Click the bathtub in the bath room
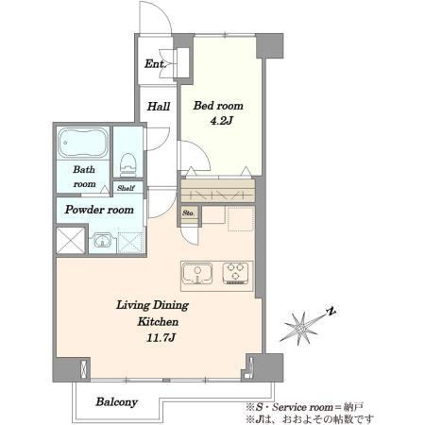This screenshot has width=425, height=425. [x=83, y=143]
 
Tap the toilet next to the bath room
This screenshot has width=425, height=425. [x=127, y=164]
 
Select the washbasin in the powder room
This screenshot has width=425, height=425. [x=102, y=241]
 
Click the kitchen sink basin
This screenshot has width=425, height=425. [x=197, y=274]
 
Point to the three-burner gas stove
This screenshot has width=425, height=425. [x=235, y=273]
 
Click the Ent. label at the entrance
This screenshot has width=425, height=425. [x=155, y=64]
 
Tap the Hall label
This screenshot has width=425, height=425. [x=159, y=106]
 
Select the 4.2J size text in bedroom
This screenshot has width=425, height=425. [x=221, y=121]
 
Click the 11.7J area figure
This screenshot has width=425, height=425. [x=161, y=338]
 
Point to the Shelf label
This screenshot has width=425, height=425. [x=126, y=188]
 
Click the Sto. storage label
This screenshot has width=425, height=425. [x=189, y=213]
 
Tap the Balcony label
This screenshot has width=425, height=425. [x=117, y=402]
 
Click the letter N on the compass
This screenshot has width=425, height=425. [x=331, y=312]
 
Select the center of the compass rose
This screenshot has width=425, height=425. [x=301, y=329]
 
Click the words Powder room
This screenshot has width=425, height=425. [x=99, y=210]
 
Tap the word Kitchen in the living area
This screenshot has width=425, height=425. [x=158, y=322]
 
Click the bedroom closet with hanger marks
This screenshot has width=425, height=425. [x=218, y=191]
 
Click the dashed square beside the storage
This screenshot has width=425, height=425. [x=241, y=219]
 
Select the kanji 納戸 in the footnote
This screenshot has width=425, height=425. [x=354, y=407]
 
